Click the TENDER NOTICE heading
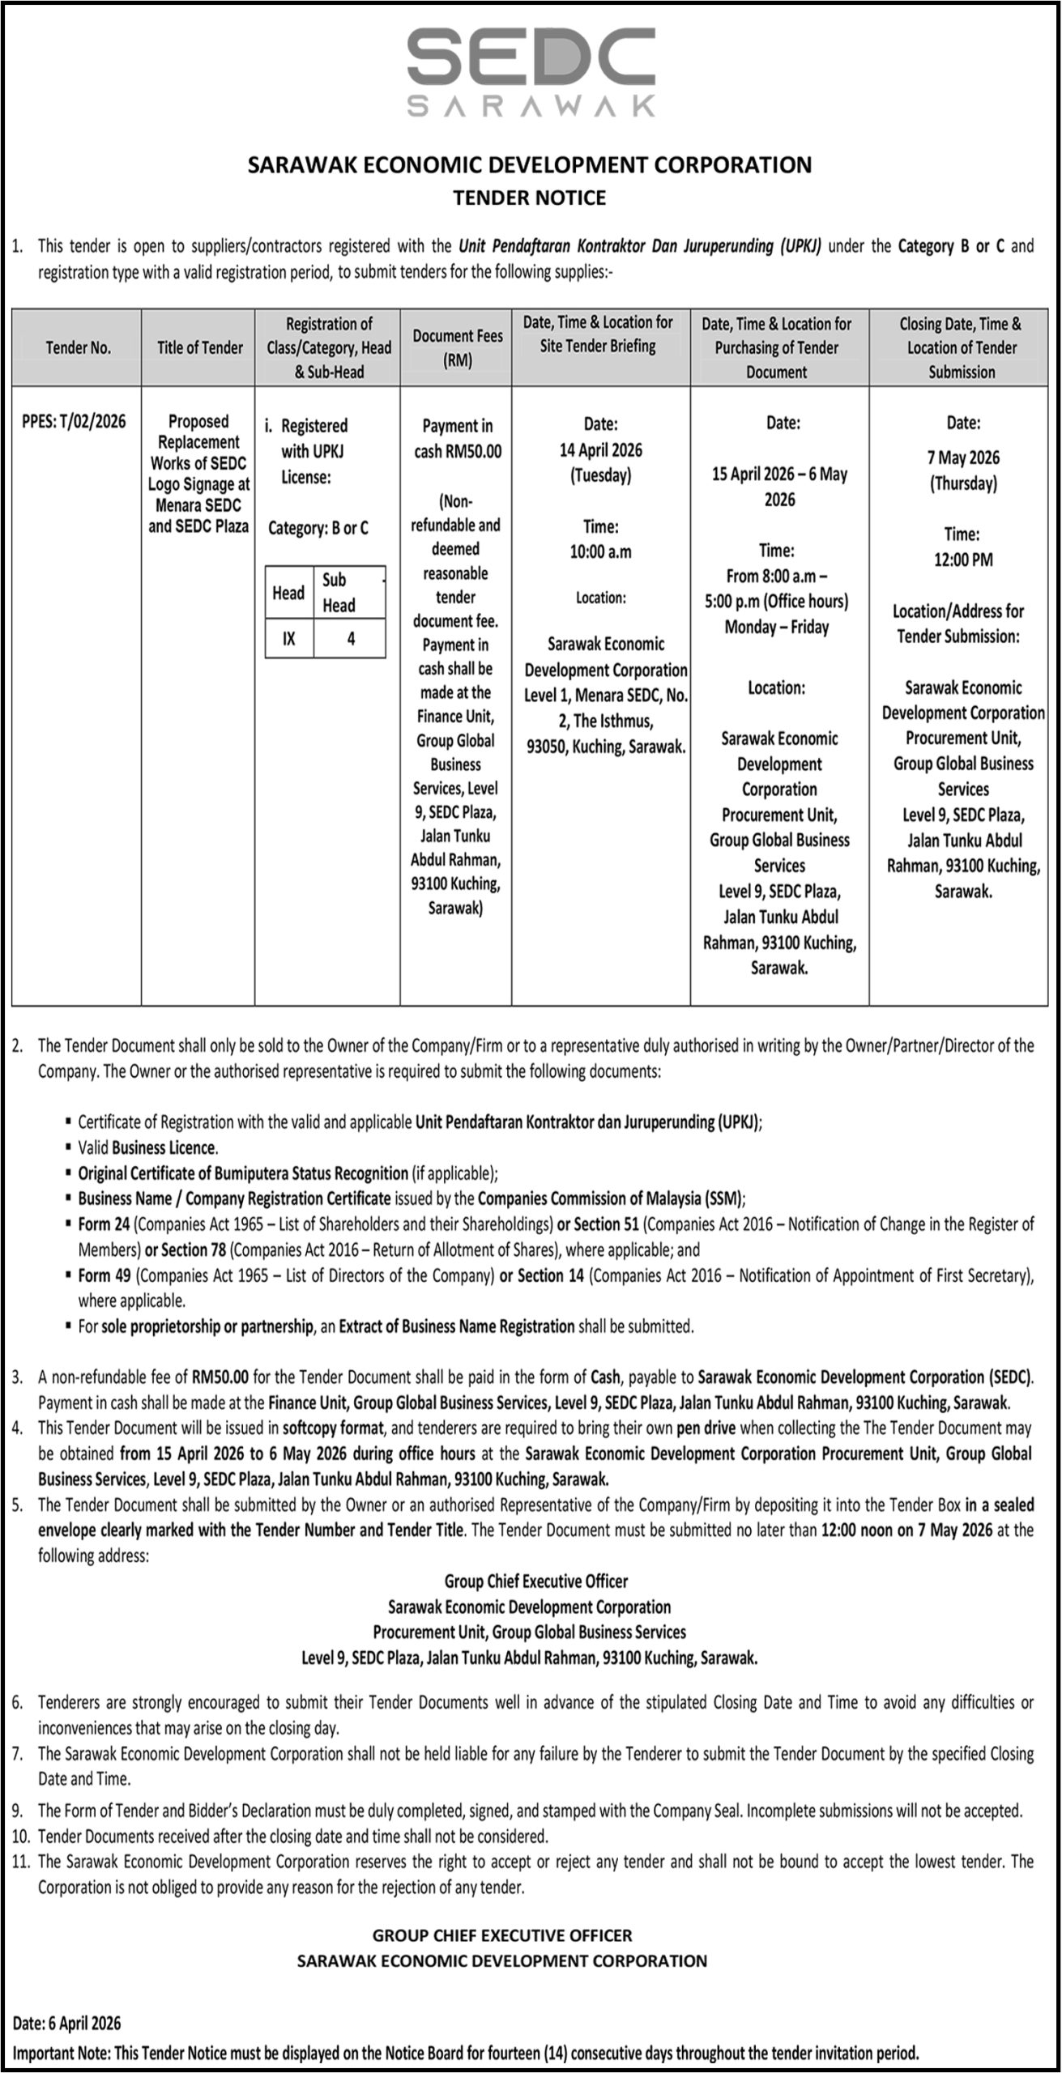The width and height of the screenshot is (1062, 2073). (530, 198)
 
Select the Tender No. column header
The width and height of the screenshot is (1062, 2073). (78, 347)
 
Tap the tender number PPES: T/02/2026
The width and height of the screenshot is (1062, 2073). (75, 421)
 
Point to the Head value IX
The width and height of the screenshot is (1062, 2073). (289, 639)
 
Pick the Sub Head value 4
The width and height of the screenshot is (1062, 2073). (351, 639)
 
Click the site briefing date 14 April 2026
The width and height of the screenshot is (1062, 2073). (600, 450)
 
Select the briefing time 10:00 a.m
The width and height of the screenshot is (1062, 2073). (600, 552)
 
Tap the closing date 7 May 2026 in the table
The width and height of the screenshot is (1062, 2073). (963, 458)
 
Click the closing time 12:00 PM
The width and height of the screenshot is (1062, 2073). (963, 560)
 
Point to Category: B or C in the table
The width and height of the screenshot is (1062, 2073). (318, 529)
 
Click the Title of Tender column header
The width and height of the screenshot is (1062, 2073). (200, 347)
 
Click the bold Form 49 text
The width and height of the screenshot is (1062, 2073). (104, 1275)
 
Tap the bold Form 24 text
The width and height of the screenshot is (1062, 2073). (104, 1224)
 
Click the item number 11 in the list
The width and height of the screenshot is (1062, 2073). (22, 1862)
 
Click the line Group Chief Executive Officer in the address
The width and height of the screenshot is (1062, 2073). (536, 1581)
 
